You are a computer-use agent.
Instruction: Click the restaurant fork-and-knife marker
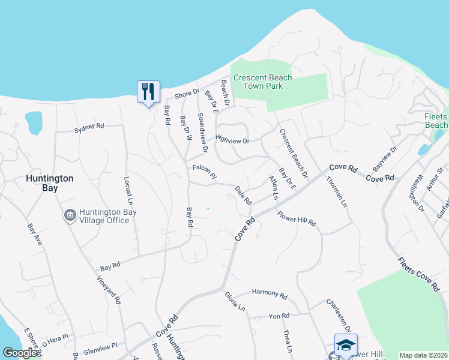(x=148, y=92)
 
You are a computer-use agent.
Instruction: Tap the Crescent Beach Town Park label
(x=262, y=82)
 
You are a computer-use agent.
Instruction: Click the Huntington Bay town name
(x=50, y=183)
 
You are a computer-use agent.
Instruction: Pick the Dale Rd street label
(x=243, y=193)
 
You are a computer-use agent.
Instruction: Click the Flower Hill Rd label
(x=297, y=218)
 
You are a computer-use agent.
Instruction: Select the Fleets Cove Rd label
(x=418, y=274)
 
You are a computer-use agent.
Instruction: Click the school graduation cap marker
(x=346, y=344)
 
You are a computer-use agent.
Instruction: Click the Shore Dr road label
(x=186, y=94)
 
